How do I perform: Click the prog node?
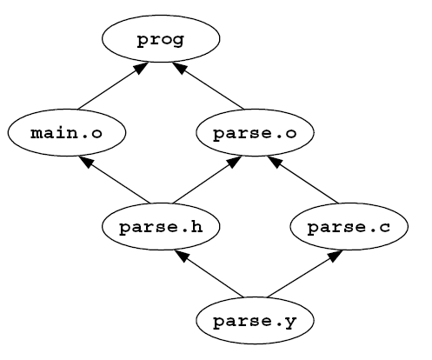point(161,38)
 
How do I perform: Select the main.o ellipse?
point(67,133)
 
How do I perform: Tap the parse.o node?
point(255,133)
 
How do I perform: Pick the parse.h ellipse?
point(161,227)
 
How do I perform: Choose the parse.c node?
point(349,227)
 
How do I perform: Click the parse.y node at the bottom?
point(255,321)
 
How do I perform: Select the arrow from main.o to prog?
point(113,86)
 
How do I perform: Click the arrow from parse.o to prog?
point(208,86)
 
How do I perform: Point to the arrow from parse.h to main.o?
point(115,180)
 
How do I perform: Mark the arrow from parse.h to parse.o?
point(207,180)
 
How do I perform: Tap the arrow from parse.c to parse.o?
point(302,180)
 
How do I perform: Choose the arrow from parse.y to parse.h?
point(209,274)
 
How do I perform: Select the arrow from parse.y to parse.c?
point(305,274)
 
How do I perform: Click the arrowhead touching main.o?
point(87,162)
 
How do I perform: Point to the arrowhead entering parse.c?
point(336,256)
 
